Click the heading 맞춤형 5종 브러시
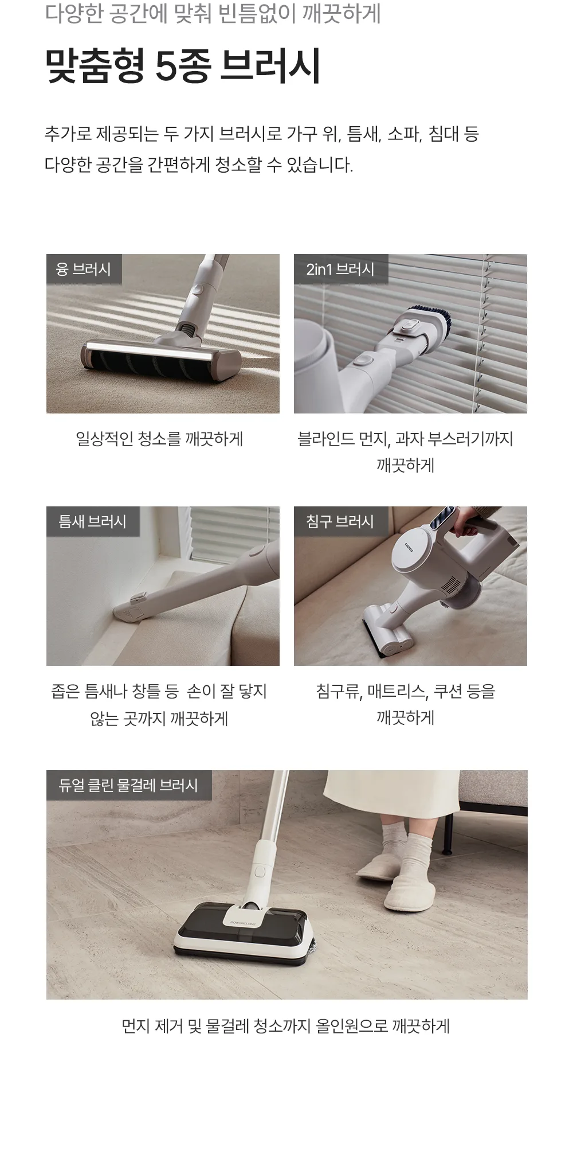point(183,67)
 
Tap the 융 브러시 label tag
point(84,269)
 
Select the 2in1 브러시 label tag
point(340,269)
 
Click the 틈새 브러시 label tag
point(92,521)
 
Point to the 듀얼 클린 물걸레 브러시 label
point(128,785)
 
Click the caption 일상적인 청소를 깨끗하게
point(160,439)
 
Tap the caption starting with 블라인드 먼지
point(405,452)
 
